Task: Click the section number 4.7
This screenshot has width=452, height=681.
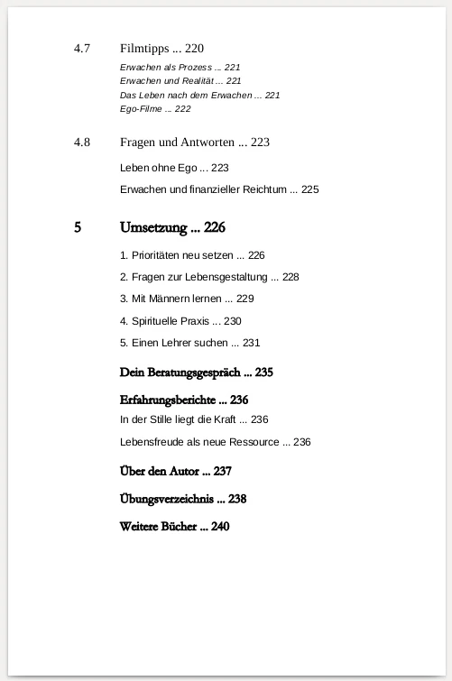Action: [82, 49]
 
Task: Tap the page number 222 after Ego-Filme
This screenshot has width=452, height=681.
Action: [181, 109]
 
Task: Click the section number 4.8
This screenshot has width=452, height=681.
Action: [82, 143]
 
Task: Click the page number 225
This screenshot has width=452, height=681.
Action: [309, 189]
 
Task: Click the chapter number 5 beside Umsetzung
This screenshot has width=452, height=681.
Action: [78, 227]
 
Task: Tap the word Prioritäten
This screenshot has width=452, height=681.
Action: [160, 255]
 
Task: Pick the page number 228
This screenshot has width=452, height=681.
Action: [290, 277]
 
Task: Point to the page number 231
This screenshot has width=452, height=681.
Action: [251, 343]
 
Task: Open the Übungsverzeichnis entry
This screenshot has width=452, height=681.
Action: [167, 499]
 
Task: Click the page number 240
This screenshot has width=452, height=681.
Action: [220, 526]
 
